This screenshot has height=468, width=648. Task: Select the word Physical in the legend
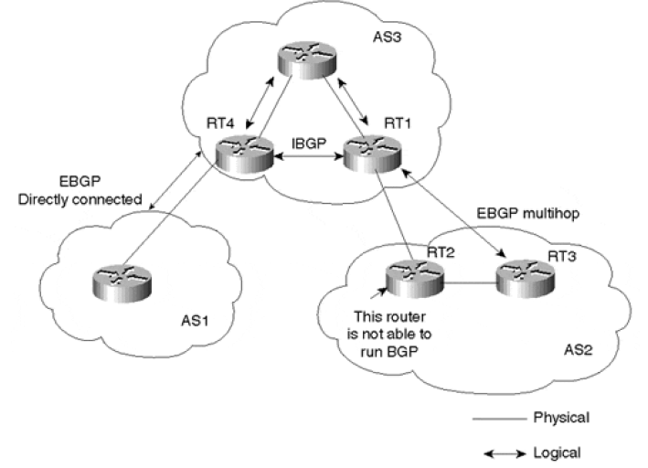tap(560, 418)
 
